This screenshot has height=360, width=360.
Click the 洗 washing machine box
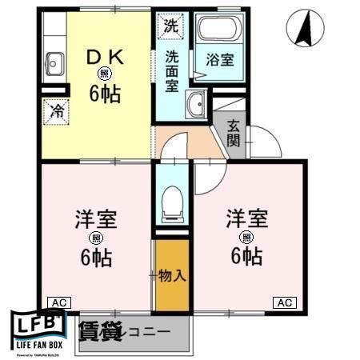pyautogui.click(x=170, y=26)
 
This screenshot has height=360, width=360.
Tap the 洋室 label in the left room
pyautogui.click(x=94, y=218)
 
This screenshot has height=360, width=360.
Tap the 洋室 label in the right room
pyautogui.click(x=245, y=218)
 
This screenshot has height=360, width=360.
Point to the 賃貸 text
pyautogui.click(x=99, y=330)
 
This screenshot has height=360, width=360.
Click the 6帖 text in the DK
pyautogui.click(x=105, y=94)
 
